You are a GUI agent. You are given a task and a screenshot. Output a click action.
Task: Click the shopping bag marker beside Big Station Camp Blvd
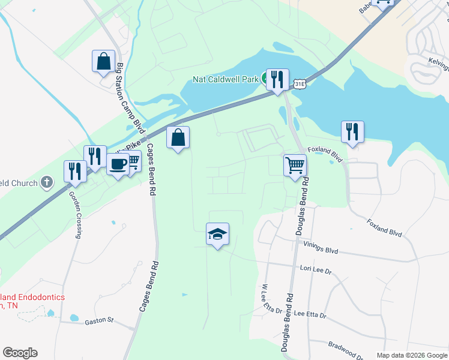tap(104, 61)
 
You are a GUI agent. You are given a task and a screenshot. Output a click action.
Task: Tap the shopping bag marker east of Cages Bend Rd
tap(178, 138)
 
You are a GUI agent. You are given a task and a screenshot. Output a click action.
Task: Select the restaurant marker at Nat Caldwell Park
tap(277, 80)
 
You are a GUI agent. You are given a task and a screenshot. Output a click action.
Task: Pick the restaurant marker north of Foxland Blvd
tap(352, 133)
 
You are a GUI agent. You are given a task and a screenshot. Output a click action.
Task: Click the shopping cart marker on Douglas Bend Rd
tap(295, 165)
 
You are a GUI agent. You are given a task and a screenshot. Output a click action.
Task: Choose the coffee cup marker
tap(118, 164)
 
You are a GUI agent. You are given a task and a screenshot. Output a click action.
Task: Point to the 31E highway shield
tap(300, 85)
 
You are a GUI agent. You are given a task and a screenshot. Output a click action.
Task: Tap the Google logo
tap(20, 353)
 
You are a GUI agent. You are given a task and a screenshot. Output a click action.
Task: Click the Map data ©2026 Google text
tap(412, 355)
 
